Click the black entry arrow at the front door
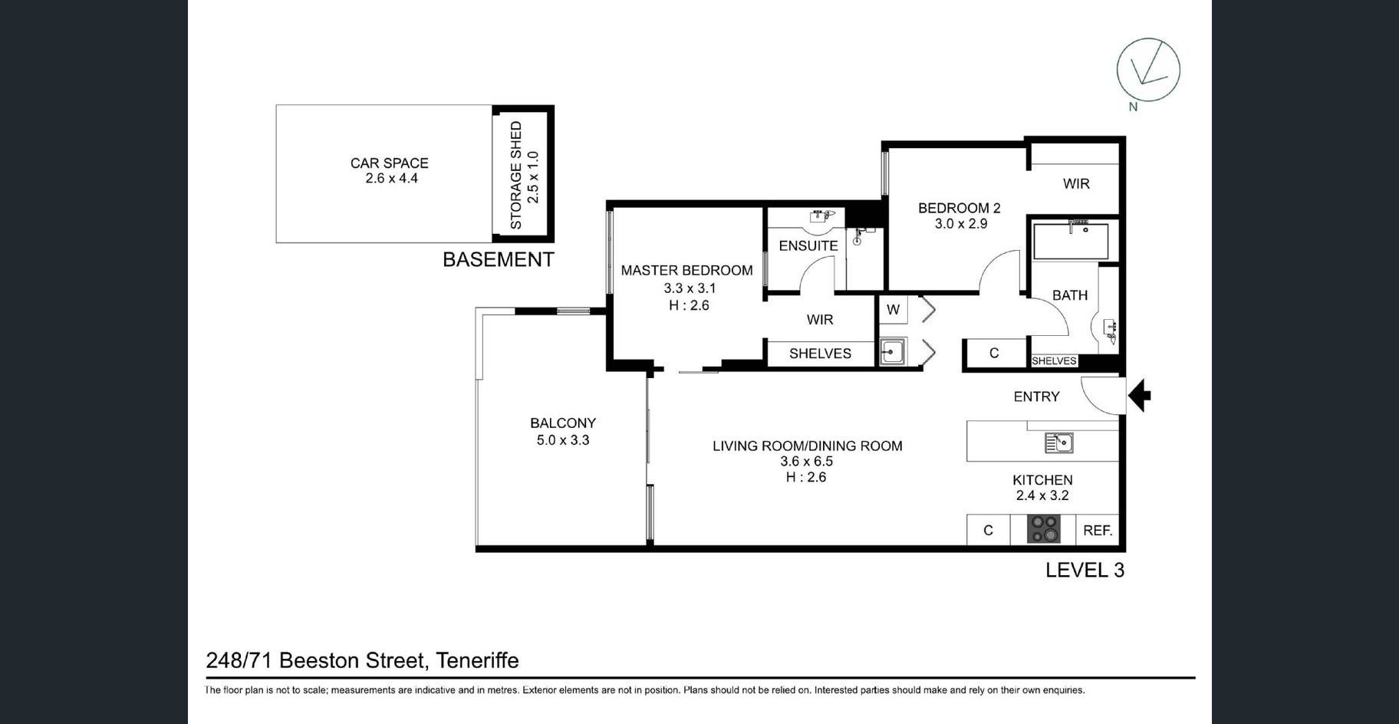[1140, 396]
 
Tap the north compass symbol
[1147, 70]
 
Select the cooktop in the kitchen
[1044, 529]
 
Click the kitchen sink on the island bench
[1058, 443]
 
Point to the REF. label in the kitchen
[1098, 530]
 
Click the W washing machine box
[893, 310]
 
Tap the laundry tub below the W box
[892, 352]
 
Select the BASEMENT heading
[499, 259]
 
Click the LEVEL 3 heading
[1085, 570]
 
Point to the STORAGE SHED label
[516, 175]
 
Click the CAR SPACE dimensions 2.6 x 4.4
[391, 179]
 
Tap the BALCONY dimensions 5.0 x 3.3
[563, 440]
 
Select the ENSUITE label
[808, 245]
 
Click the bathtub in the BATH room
[1070, 241]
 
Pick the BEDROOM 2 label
[960, 208]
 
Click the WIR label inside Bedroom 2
[1076, 183]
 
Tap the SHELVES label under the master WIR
[820, 354]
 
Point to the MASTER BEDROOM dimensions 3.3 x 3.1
[690, 288]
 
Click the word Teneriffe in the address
[477, 660]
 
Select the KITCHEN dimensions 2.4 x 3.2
[1042, 495]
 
